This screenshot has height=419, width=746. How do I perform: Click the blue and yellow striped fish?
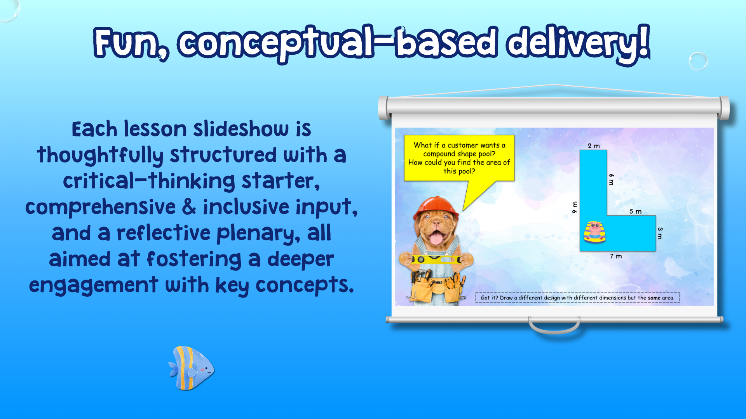pos(191,368)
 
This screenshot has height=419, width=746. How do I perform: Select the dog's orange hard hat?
pos(436,208)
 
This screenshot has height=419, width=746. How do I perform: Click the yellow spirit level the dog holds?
pos(437,260)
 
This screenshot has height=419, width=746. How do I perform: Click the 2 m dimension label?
pos(593,146)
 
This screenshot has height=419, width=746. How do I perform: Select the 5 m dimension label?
pos(635,211)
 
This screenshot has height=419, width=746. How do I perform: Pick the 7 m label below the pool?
pos(615,256)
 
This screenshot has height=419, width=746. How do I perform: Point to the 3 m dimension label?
pos(659,233)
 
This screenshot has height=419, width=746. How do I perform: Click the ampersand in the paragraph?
pos(189,207)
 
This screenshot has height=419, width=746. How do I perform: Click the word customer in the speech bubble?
pos(464,145)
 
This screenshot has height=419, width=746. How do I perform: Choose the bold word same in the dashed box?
pos(654,298)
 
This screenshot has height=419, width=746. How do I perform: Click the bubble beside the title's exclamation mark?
pos(698,61)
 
